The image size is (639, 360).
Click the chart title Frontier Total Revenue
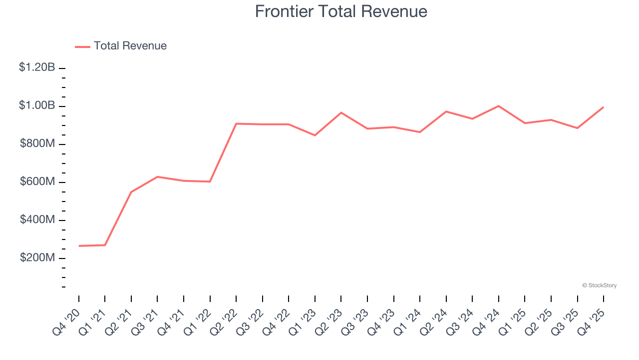coord(341,11)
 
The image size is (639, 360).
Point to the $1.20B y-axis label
coord(37,67)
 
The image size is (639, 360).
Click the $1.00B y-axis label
coord(37,105)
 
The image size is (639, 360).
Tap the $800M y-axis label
coord(37,143)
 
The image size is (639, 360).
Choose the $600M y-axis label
coord(37,181)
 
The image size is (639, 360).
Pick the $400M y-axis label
coord(37,219)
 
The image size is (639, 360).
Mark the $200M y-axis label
coord(37,257)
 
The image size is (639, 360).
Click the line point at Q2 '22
coord(236,123)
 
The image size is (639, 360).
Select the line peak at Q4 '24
coord(499,106)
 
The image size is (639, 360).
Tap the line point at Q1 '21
coord(105,245)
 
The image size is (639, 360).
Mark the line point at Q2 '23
coord(341,112)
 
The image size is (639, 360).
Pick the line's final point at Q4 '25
coord(604,107)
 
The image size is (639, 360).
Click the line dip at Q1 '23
coord(315,135)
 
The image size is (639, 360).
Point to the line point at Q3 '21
coord(157,176)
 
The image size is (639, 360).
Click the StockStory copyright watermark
coord(599,285)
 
